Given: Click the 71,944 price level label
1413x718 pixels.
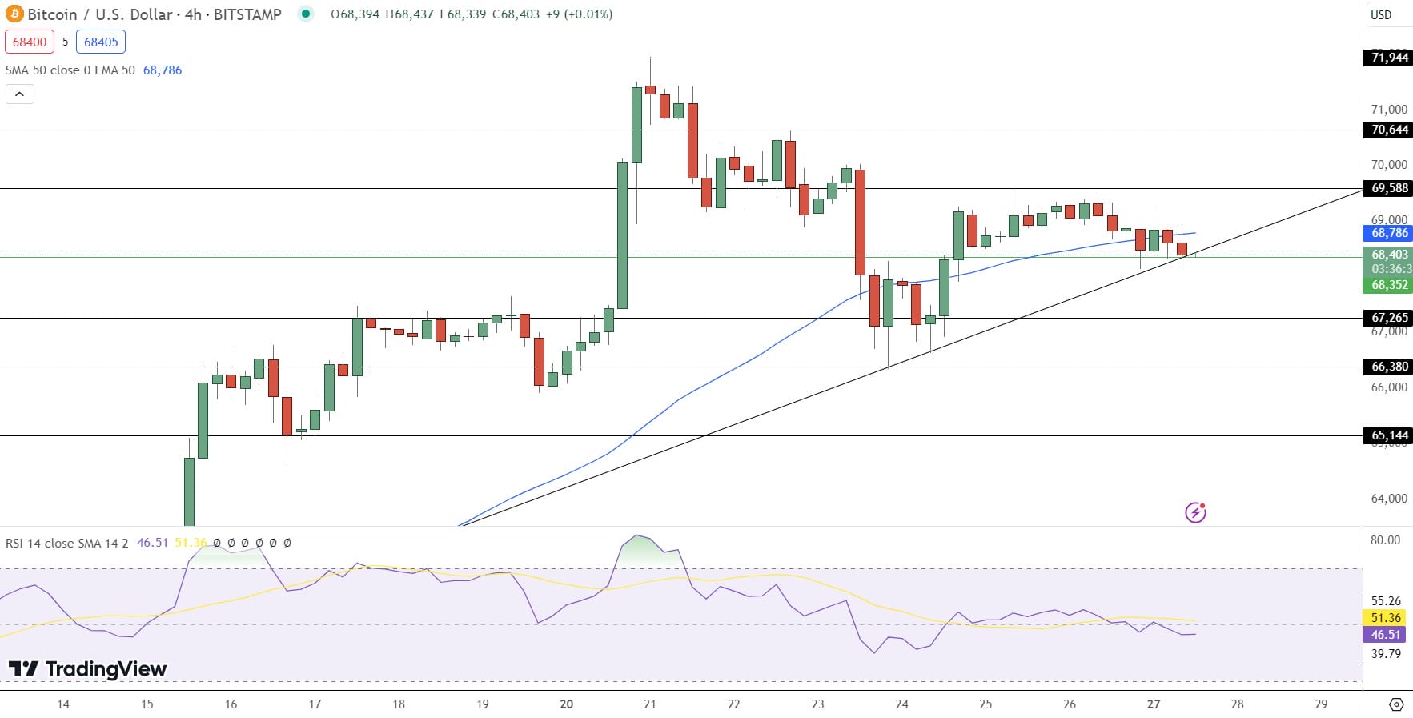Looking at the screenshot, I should coord(1389,58).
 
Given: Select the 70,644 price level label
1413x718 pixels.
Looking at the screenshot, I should coord(1389,130).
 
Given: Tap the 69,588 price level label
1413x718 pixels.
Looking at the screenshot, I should coord(1389,188).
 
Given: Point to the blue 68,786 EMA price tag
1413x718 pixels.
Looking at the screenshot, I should coord(1389,233).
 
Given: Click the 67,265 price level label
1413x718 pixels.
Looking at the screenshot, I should coord(1389,318).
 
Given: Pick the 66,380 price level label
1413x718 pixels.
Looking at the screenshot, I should coord(1389,367).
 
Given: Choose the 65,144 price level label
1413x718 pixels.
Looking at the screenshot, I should coord(1389,435).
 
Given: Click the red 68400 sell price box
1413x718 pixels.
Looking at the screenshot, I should coord(30,42).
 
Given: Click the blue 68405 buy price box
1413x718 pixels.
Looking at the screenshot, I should coord(101,42).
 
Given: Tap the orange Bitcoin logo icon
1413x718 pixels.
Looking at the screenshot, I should coord(14,14).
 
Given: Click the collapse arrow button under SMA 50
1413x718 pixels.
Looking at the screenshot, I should coord(20,94).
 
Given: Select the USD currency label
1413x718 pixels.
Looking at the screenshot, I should coord(1381,14).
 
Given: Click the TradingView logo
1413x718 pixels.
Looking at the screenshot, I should coord(87,668).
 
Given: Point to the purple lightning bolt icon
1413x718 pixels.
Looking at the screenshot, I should coord(1195,512).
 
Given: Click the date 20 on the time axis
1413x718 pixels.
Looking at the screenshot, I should coord(567,704).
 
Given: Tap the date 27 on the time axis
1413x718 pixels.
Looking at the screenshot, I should coord(1153,704).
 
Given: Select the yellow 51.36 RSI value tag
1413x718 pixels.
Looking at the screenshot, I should coord(1386,618).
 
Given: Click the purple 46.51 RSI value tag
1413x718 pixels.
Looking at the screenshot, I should coord(1386,635).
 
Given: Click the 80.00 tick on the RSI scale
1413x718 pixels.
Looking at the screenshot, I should coord(1385,540).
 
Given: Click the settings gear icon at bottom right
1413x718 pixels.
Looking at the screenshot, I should coord(1396,704).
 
